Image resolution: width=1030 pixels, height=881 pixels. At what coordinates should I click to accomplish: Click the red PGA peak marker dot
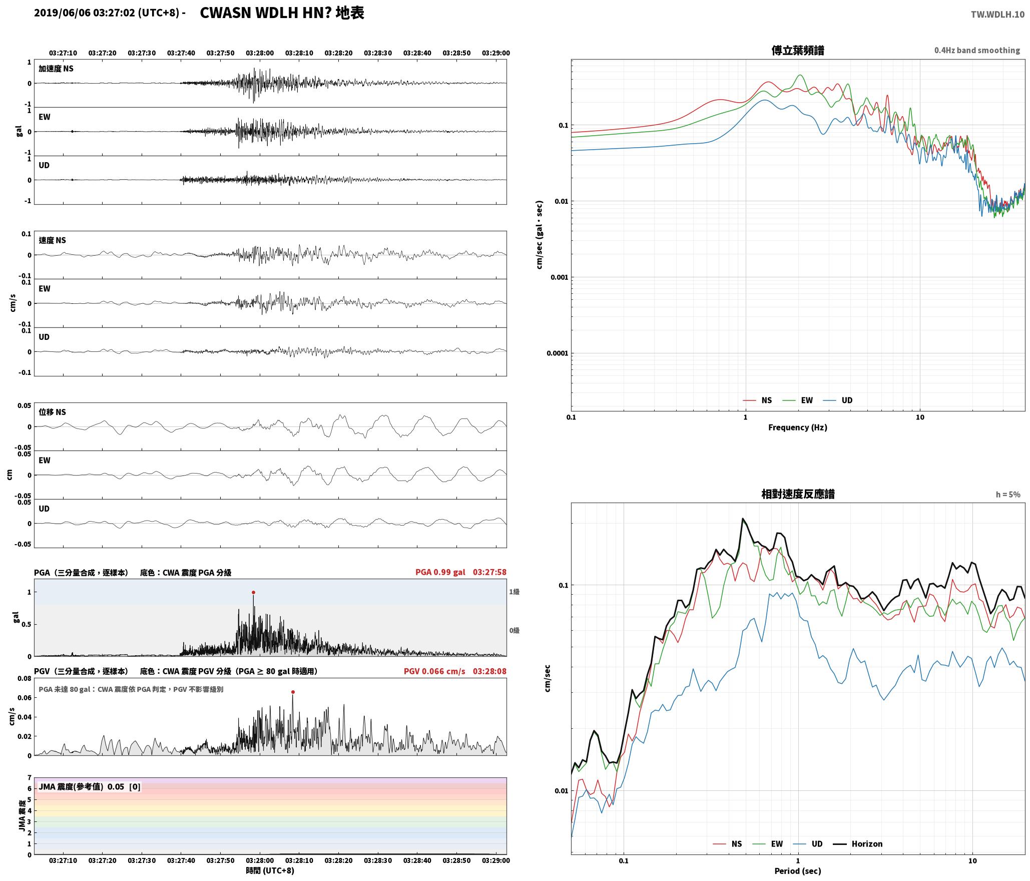coord(253,592)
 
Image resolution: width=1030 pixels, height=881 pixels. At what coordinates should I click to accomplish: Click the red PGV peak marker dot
coord(293,692)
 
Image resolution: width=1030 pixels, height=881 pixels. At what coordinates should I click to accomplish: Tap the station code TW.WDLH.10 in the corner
coord(997,15)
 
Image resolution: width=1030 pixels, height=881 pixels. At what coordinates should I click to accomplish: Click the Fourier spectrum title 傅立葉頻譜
coord(798,51)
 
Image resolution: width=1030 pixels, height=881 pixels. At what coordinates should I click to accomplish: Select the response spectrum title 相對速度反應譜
coord(798,494)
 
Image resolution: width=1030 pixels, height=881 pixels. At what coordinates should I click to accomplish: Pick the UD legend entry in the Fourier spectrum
coord(838,400)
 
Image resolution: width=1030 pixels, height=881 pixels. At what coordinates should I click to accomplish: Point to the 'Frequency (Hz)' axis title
coord(798,427)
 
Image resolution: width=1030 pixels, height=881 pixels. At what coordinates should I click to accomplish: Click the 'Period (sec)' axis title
coord(798,870)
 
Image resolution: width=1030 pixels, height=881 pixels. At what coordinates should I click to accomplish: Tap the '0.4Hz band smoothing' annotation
coord(977,50)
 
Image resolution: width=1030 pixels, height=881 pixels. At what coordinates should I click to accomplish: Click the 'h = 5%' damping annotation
coord(1008,494)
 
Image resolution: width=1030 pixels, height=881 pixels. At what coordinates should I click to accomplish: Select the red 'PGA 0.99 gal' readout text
coord(440,572)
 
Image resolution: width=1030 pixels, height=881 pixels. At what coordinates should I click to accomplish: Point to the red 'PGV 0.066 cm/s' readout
coord(434,671)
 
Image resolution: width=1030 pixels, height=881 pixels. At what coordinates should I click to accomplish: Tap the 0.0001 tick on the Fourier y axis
coord(556,353)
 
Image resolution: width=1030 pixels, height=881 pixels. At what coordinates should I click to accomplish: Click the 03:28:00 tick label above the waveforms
coord(260,53)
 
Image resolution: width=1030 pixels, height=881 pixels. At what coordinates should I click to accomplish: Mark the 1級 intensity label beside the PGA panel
coord(514,592)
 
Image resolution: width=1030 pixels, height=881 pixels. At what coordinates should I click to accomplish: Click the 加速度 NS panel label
coord(56,69)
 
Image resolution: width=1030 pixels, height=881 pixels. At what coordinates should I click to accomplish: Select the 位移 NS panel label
coord(53,412)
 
